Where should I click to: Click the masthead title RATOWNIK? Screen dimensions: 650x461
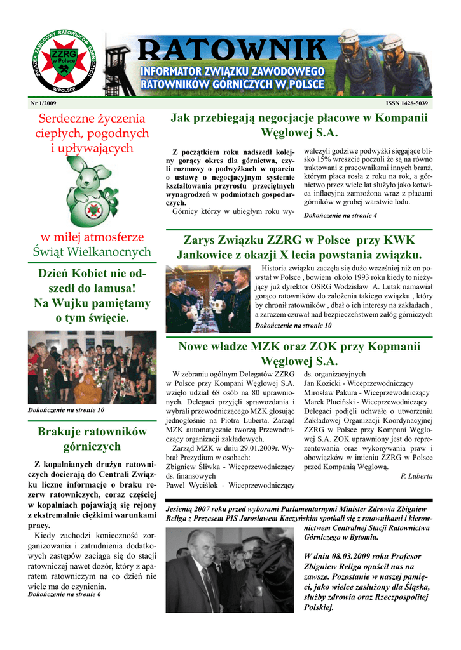click(231, 50)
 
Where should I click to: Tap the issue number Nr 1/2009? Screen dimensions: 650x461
click(43, 103)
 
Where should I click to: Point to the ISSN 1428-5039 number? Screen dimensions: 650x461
click(407, 103)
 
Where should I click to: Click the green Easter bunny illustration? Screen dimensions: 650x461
click(91, 193)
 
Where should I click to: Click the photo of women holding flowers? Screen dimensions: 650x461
click(92, 368)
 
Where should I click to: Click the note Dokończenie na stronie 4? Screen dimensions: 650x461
click(341, 216)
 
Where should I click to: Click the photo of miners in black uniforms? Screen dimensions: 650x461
click(207, 299)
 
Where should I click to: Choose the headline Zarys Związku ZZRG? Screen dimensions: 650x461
click(299, 248)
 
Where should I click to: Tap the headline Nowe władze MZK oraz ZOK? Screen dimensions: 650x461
click(299, 354)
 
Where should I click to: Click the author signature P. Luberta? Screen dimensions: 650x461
click(416, 475)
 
